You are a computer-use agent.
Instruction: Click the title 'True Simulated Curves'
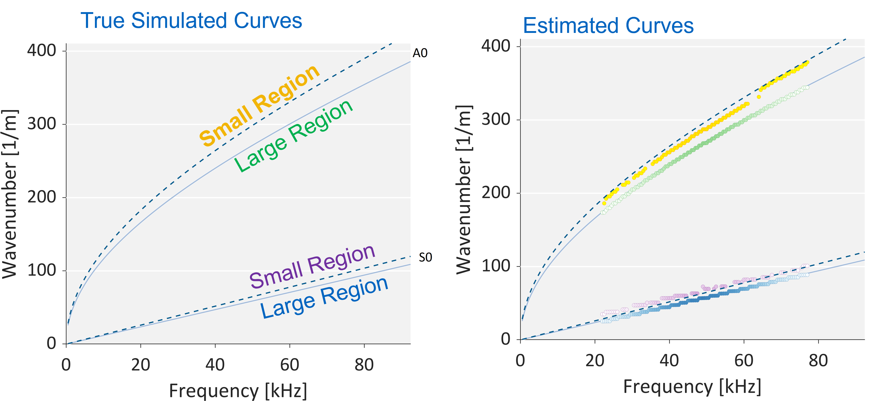(x=191, y=21)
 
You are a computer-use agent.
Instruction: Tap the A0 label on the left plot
(x=420, y=53)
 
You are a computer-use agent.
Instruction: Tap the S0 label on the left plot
(x=425, y=257)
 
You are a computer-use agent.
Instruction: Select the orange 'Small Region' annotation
(x=259, y=106)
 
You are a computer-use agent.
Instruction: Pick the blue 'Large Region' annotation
(x=324, y=297)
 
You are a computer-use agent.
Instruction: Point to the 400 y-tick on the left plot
(x=41, y=51)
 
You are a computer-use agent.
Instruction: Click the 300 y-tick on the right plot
(x=496, y=119)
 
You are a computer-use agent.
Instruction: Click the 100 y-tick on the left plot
(x=41, y=270)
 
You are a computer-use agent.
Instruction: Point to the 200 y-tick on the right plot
(x=496, y=193)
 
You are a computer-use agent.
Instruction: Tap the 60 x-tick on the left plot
(x=289, y=365)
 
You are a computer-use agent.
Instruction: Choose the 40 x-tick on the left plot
(x=215, y=365)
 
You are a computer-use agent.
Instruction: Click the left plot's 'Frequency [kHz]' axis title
(x=238, y=391)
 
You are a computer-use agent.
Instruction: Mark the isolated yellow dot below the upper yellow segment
(x=758, y=97)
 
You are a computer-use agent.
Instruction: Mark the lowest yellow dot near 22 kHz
(x=604, y=204)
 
